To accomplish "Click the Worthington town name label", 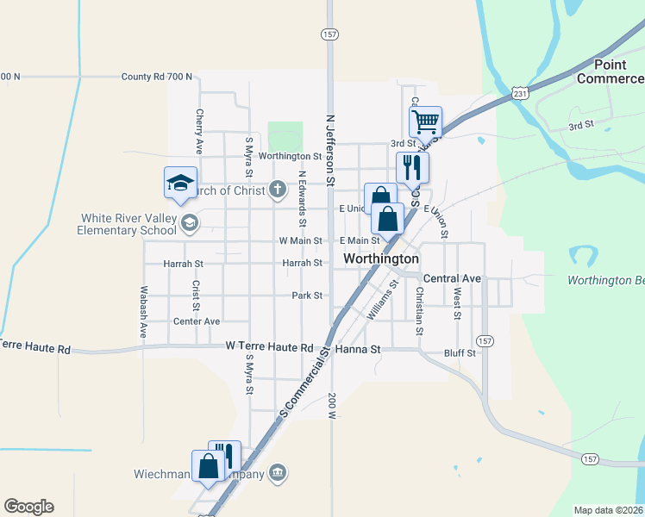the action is [x=381, y=258].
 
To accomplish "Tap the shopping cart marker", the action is [x=426, y=122].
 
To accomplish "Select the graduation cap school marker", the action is [x=181, y=183].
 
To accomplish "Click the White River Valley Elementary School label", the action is [x=127, y=224].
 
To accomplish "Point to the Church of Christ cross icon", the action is [x=278, y=190].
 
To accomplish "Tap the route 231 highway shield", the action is [x=518, y=93].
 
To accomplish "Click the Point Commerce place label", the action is [x=610, y=72].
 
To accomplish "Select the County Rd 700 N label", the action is [x=156, y=77].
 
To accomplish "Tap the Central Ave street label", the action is [x=452, y=279].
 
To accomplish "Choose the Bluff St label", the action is [x=459, y=352].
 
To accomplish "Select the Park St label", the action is [x=306, y=295].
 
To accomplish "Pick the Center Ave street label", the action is [x=197, y=321].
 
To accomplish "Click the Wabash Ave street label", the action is [x=144, y=311].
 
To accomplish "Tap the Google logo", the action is [x=28, y=507].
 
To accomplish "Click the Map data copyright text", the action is [x=609, y=510].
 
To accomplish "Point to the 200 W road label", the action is [x=332, y=406].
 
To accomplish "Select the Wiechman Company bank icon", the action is [x=279, y=472].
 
